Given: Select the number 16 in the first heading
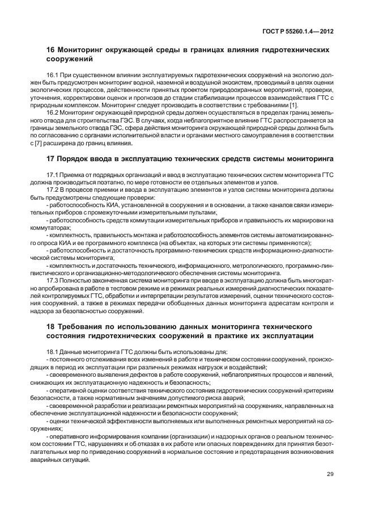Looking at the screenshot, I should tap(50, 50).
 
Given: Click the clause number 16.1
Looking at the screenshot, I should tap(53, 75).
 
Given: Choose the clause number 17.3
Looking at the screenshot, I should tap(53, 279).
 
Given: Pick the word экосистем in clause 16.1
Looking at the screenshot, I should tap(199, 83).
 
